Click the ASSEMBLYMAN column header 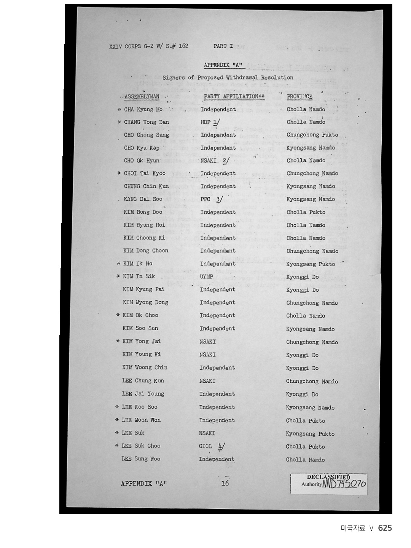click(142, 97)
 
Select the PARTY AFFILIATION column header click(234, 97)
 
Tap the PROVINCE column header click(299, 97)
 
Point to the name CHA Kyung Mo click(143, 110)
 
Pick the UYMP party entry click(207, 277)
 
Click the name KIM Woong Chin click(145, 367)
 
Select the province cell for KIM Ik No click(311, 264)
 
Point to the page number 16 click(225, 483)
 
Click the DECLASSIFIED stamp click(328, 477)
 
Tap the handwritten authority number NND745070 click(344, 484)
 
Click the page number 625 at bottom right click(385, 528)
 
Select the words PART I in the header click(223, 46)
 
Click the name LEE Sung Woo click(141, 459)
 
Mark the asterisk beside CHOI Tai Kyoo click(119, 174)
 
